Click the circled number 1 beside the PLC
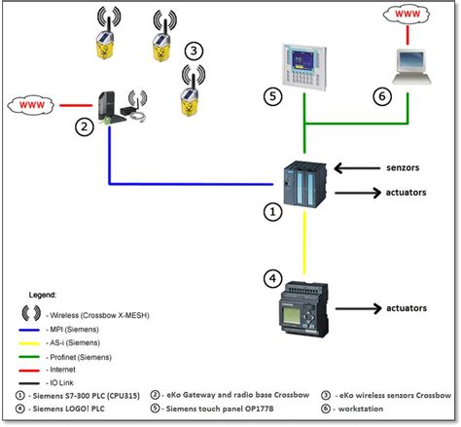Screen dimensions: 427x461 click(x=275, y=209)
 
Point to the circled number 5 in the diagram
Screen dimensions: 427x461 click(x=274, y=95)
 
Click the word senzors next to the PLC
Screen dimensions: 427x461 click(x=402, y=167)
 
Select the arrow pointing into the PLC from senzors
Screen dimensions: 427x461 click(x=352, y=167)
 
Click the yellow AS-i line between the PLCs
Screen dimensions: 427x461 click(x=303, y=243)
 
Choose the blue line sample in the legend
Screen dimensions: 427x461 click(x=38, y=328)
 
